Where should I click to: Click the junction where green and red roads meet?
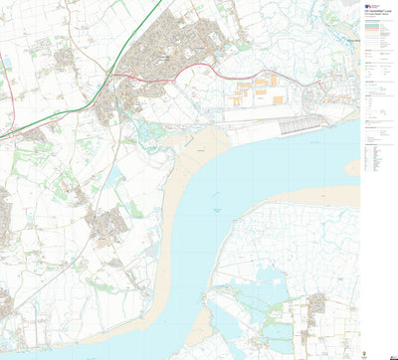tap(112, 75)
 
